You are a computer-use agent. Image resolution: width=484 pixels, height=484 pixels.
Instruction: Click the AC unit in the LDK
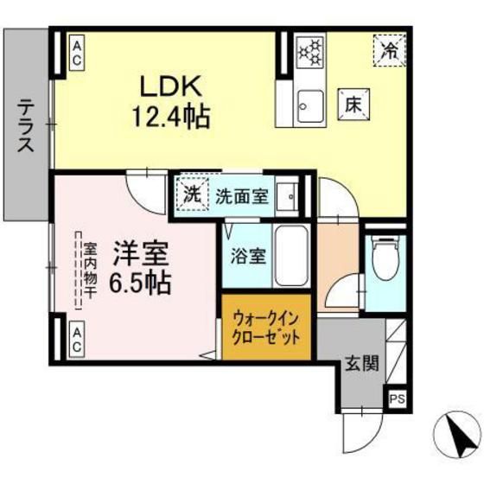[77, 53]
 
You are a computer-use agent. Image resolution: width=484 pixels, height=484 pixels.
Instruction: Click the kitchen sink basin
[310, 105]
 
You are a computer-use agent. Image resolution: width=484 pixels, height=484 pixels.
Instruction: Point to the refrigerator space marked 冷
[389, 50]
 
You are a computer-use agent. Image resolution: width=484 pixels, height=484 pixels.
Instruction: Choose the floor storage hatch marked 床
[353, 105]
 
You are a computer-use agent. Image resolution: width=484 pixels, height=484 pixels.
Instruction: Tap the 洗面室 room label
[241, 195]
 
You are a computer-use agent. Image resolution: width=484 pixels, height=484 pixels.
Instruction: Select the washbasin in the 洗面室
[287, 195]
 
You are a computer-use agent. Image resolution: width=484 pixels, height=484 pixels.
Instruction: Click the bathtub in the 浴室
[291, 256]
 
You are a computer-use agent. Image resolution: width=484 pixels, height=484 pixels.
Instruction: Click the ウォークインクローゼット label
[266, 328]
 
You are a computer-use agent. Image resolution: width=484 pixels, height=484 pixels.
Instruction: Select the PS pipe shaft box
[397, 398]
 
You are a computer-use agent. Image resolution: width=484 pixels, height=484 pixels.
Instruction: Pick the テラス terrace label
[26, 126]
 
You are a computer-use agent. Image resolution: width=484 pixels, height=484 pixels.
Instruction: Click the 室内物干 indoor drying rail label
[90, 271]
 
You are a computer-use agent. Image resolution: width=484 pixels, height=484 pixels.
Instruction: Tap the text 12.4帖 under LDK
[171, 117]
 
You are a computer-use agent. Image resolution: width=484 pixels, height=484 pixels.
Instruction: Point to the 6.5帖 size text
[139, 282]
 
